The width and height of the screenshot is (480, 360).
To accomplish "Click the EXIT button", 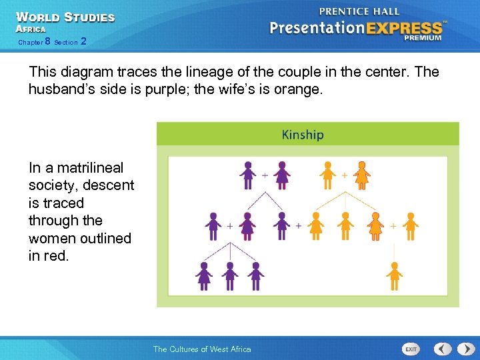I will (x=411, y=349).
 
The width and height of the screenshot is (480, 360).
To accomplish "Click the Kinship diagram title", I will (x=302, y=135).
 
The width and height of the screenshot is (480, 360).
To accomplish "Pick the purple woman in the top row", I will (x=282, y=175).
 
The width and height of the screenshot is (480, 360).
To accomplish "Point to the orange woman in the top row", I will (x=361, y=175).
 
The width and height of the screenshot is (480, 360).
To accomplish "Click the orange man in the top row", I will (x=327, y=175).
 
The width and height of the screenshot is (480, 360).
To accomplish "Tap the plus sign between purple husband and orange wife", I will (x=298, y=226).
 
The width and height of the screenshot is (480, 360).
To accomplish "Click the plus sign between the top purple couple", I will (x=265, y=175).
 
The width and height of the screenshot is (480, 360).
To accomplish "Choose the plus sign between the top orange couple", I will (x=345, y=175).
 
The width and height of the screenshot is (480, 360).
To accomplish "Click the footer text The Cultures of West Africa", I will (x=202, y=349).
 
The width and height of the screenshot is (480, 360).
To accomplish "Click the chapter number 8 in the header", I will (x=47, y=42).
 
